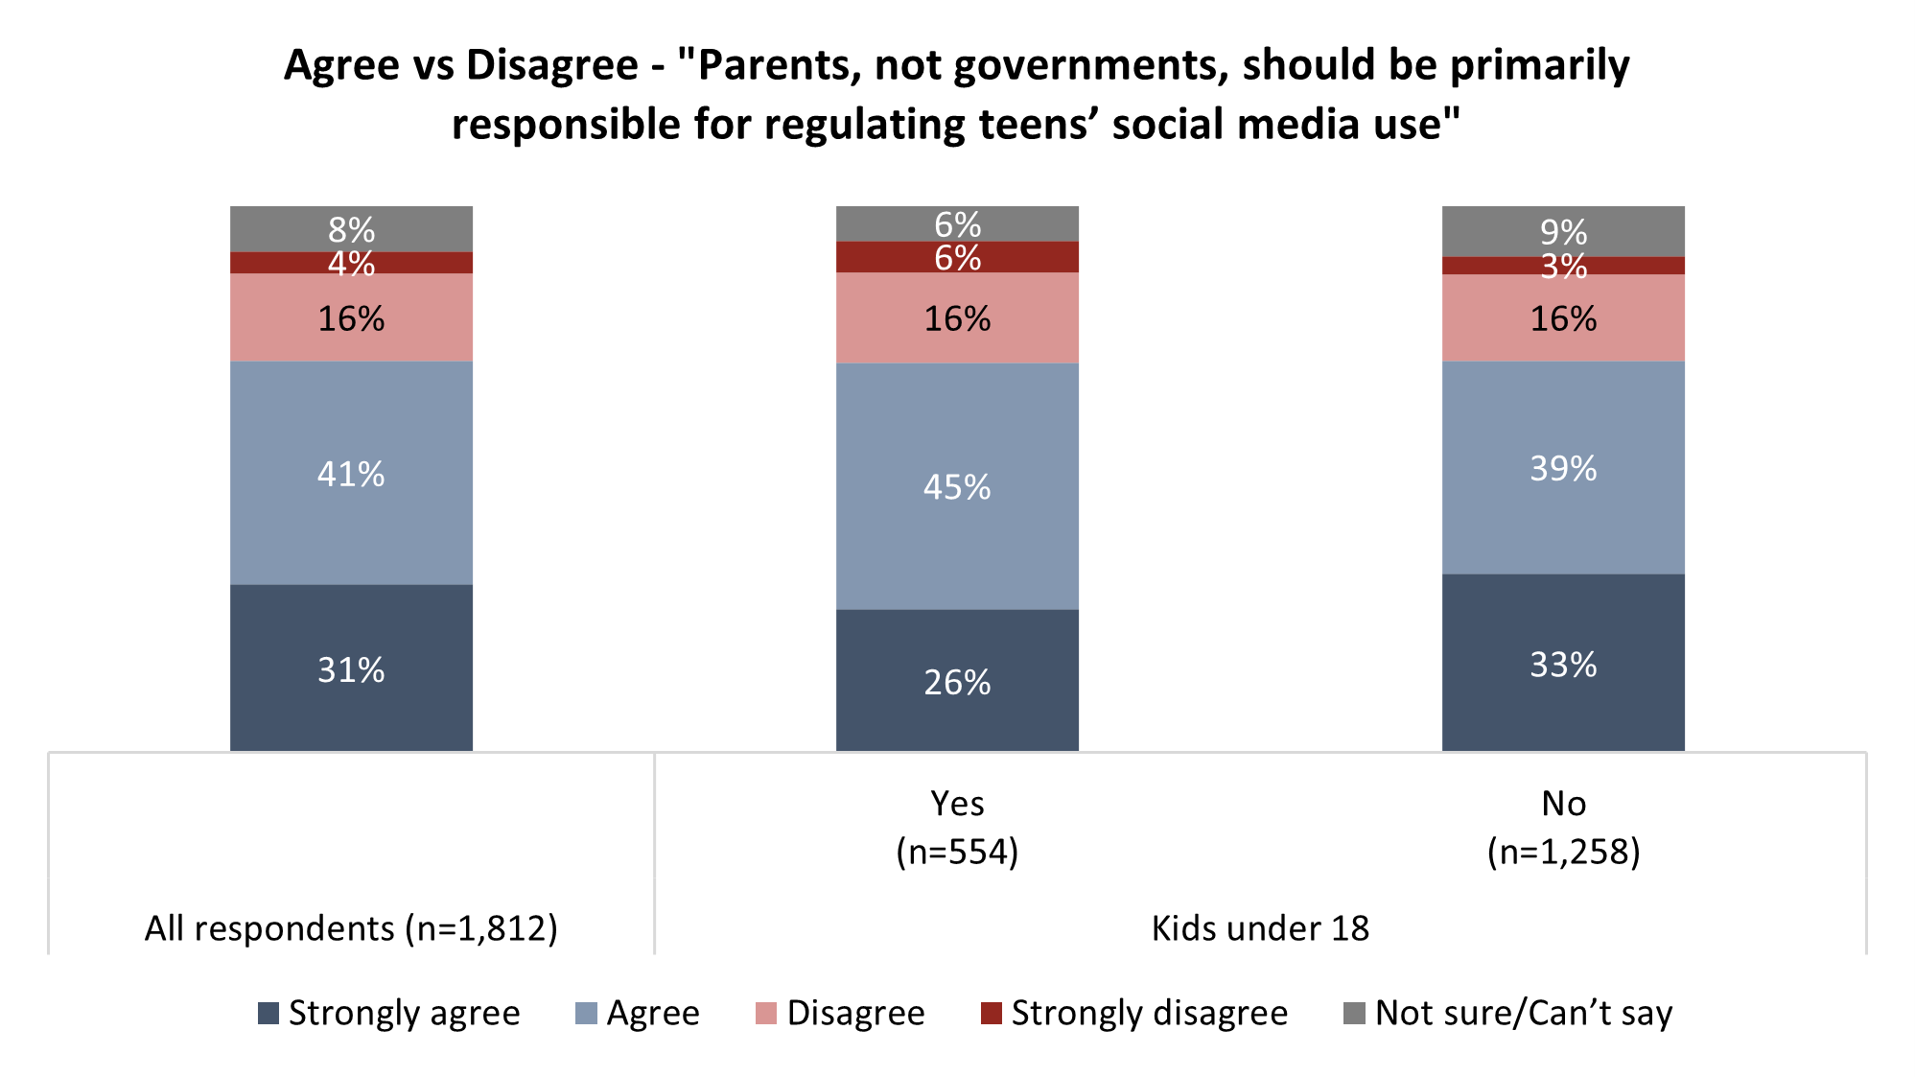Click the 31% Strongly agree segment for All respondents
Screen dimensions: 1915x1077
[351, 667]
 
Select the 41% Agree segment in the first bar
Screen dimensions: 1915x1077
[351, 473]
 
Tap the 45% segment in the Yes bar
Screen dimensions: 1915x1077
[957, 486]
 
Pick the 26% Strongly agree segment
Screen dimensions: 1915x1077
[957, 680]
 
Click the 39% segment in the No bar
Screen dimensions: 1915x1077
[1563, 468]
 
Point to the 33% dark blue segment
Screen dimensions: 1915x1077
[1563, 663]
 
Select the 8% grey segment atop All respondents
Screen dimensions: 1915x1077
[351, 229]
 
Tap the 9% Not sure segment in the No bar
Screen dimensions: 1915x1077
[1563, 231]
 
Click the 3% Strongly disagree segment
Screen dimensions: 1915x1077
[1563, 266]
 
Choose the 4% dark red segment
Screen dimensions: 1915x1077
[351, 263]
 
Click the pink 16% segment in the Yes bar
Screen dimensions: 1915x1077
[957, 318]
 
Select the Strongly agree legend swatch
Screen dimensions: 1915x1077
[269, 1013]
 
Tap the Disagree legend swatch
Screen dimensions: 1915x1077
[766, 1013]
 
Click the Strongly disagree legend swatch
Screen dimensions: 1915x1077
[992, 1013]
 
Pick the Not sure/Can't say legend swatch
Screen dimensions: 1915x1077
[1354, 1013]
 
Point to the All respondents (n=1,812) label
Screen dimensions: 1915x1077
[351, 928]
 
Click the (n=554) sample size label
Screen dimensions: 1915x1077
[957, 852]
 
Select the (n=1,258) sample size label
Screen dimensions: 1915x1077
[1563, 852]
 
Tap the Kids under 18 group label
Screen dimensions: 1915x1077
[1260, 928]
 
